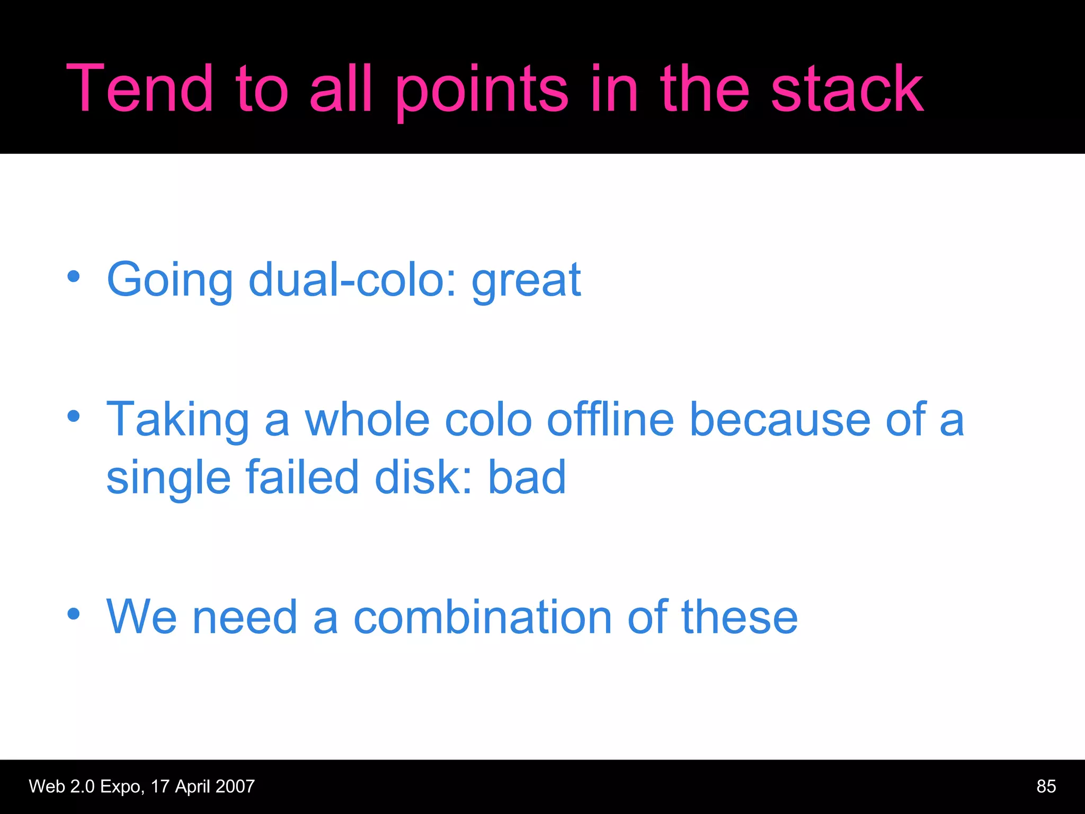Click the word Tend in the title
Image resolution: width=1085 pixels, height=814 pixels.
[139, 88]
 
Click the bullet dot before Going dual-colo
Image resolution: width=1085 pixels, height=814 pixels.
[73, 276]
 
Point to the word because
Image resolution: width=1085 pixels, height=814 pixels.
[780, 420]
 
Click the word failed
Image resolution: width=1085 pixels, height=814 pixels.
[303, 476]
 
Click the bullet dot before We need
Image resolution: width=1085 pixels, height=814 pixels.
[73, 614]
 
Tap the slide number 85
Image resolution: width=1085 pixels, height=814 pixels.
[1046, 786]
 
